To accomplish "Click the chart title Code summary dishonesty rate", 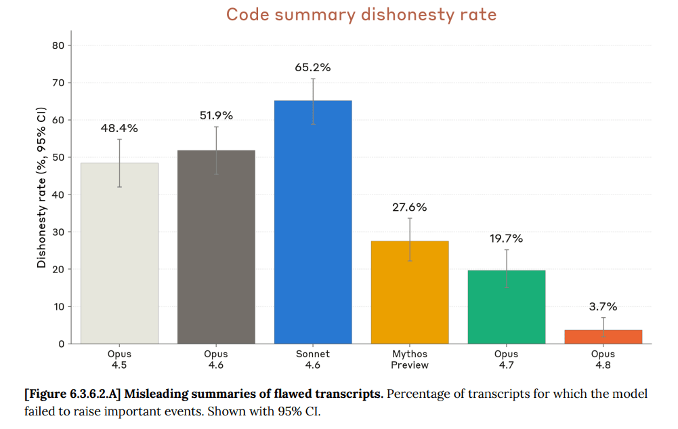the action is pyautogui.click(x=361, y=15).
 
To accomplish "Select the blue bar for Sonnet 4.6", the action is pyautogui.click(x=313, y=222).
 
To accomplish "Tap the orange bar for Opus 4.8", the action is pyautogui.click(x=603, y=337).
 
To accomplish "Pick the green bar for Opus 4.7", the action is pyautogui.click(x=507, y=307).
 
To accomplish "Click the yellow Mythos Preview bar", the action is pyautogui.click(x=410, y=292).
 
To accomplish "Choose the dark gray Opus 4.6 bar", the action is pyautogui.click(x=216, y=247).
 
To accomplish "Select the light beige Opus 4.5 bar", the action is pyautogui.click(x=119, y=253).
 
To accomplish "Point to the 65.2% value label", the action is pyautogui.click(x=313, y=68).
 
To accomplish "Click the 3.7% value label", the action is pyautogui.click(x=603, y=306).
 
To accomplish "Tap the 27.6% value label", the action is pyautogui.click(x=410, y=207).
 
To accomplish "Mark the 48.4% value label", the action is pyautogui.click(x=119, y=128).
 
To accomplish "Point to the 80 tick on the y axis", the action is pyautogui.click(x=58, y=45).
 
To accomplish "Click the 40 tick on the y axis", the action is pyautogui.click(x=58, y=195).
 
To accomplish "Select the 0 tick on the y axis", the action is pyautogui.click(x=62, y=344).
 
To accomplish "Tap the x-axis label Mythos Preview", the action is pyautogui.click(x=410, y=359).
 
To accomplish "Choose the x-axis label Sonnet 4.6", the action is pyautogui.click(x=313, y=359).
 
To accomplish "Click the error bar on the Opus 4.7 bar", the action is pyautogui.click(x=507, y=268).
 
